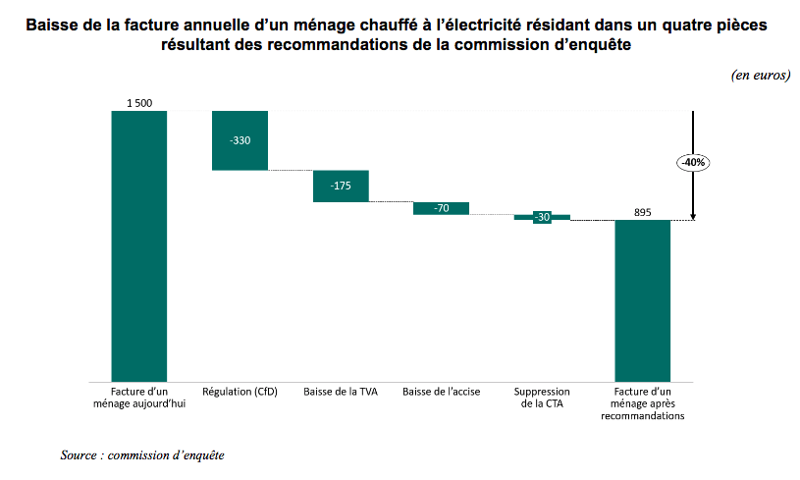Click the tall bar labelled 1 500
138,245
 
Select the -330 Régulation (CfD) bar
240,140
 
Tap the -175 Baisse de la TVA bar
341,186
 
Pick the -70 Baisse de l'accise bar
441,208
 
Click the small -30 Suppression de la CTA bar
542,217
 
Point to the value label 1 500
138,103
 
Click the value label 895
642,212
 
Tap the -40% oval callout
693,162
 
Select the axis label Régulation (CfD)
240,392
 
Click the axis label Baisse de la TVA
341,392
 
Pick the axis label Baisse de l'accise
441,392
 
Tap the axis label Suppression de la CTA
542,398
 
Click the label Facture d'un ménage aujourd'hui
138,398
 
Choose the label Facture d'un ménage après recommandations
642,403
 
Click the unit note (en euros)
760,76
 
